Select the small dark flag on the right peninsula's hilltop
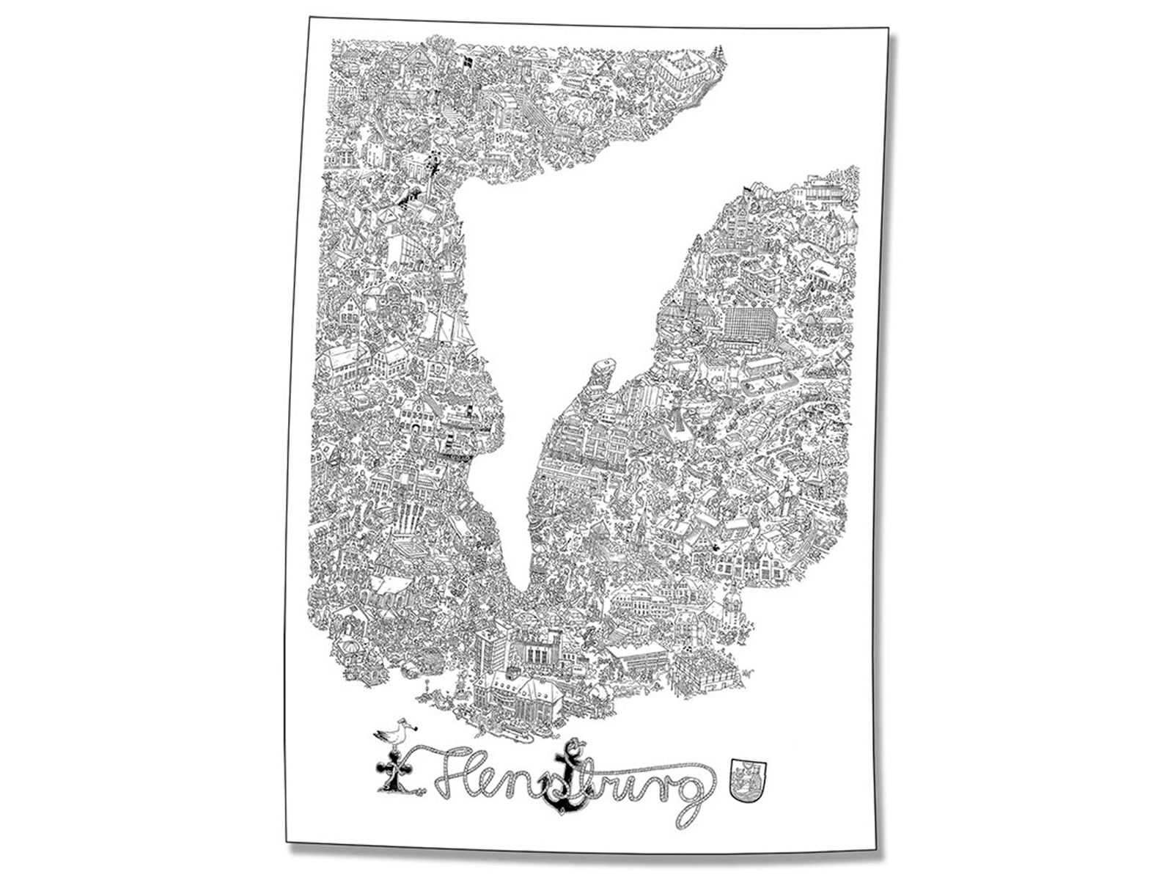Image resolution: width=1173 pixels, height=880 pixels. (746, 192)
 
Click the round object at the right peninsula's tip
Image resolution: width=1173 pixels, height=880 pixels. (603, 364)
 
